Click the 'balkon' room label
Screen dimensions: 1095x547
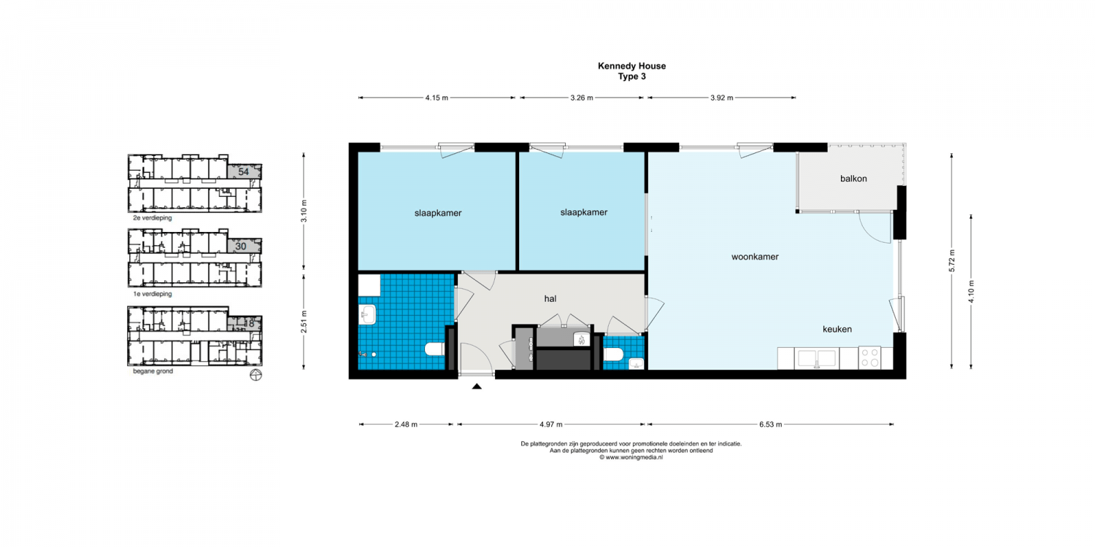[x=853, y=179]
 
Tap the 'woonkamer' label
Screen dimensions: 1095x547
[x=755, y=257]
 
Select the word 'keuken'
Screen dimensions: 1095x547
[x=837, y=329]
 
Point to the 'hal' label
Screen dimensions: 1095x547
[x=550, y=299]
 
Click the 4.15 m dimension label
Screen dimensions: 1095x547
[x=437, y=98]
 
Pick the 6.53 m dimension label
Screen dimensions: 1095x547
[x=770, y=424]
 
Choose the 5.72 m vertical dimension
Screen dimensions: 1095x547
[x=952, y=261]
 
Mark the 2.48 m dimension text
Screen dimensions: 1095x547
[x=406, y=424]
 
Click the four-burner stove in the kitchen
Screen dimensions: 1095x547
[x=869, y=357]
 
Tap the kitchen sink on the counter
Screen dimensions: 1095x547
[x=816, y=359]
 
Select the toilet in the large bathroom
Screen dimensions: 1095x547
[x=434, y=349]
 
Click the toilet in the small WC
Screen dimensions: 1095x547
[x=613, y=354]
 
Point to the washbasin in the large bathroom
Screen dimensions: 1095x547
[x=368, y=315]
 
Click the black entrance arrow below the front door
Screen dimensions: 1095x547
[x=477, y=387]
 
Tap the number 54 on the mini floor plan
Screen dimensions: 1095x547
[x=243, y=172]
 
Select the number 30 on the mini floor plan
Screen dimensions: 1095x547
[x=240, y=247]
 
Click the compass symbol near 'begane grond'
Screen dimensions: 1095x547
[x=255, y=375]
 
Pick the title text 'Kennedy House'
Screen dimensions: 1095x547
[x=631, y=66]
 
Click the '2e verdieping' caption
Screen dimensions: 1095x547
[x=153, y=218]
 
